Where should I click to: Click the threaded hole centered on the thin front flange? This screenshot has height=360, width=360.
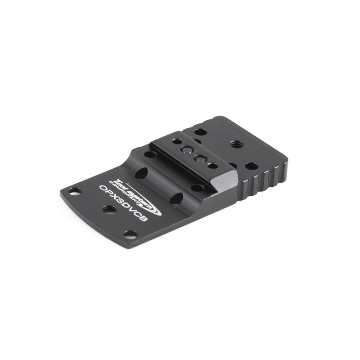coord(108,209)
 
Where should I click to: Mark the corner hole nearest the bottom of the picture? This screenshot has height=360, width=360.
coord(131,234)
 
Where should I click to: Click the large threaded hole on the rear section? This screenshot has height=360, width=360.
coord(234,145)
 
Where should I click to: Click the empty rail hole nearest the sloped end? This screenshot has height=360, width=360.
coord(212,165)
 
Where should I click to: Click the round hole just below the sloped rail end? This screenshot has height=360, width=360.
coord(197,188)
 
